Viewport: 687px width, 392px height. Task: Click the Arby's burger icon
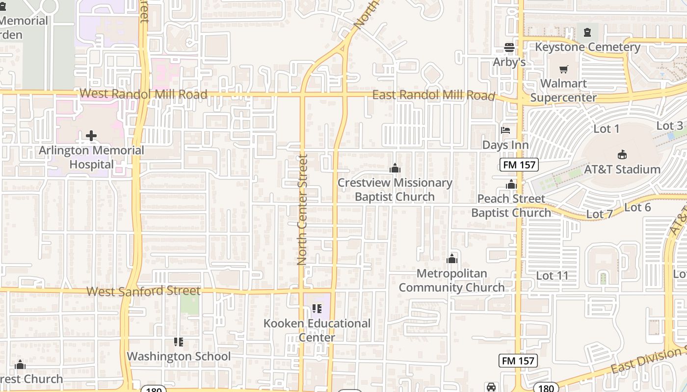coord(509,48)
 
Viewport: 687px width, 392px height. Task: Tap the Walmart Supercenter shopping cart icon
coord(564,69)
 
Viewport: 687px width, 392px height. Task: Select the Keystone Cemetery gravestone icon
coord(587,33)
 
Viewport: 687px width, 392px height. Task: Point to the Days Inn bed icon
coord(505,130)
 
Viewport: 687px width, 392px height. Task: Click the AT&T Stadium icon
coord(622,154)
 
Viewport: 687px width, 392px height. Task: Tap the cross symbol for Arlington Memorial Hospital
coord(91,136)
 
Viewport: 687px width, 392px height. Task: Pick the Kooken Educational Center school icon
coord(317,309)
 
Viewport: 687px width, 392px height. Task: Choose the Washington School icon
coord(179,342)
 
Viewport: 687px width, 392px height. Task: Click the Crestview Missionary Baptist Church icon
coord(395,169)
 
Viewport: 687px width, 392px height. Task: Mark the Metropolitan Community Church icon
coord(452,259)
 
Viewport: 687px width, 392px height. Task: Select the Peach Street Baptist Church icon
coord(511,184)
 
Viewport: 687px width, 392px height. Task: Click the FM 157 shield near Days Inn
coord(519,165)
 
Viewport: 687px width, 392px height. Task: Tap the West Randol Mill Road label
coord(143,94)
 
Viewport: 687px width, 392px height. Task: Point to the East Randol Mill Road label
coord(433,95)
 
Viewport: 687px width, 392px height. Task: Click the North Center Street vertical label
coord(302,210)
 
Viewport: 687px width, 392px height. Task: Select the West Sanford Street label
coord(143,291)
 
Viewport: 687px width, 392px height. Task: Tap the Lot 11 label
coord(552,275)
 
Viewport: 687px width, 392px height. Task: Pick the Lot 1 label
coord(607,129)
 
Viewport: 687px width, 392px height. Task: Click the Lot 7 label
coord(600,214)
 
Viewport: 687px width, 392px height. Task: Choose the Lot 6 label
coord(637,207)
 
